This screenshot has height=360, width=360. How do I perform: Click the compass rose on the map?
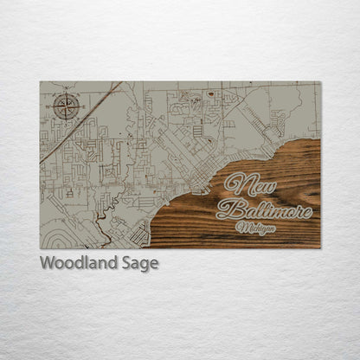point(67,106)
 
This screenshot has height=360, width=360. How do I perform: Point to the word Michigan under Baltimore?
point(257,228)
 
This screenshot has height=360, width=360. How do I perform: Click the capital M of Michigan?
point(241,227)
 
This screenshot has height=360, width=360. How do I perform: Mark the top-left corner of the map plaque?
point(41,82)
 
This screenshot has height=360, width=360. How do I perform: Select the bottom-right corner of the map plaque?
point(319,247)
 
